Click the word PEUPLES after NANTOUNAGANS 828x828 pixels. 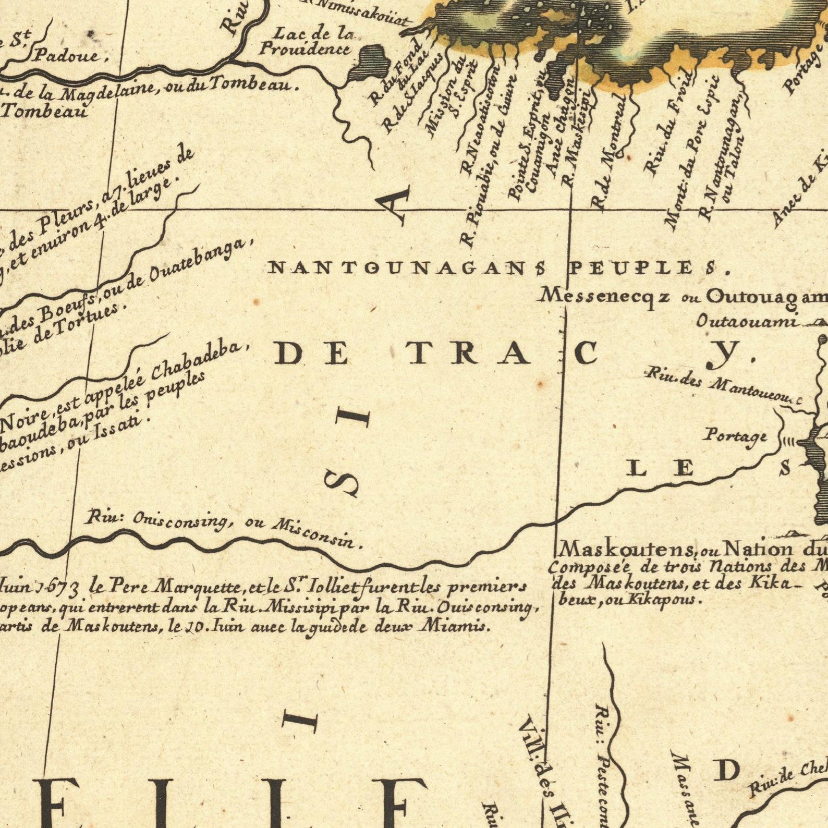click(x=647, y=269)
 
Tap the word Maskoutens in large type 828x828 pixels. click(x=626, y=549)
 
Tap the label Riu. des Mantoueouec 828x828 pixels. click(x=722, y=388)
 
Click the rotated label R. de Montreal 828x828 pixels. click(x=608, y=151)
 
